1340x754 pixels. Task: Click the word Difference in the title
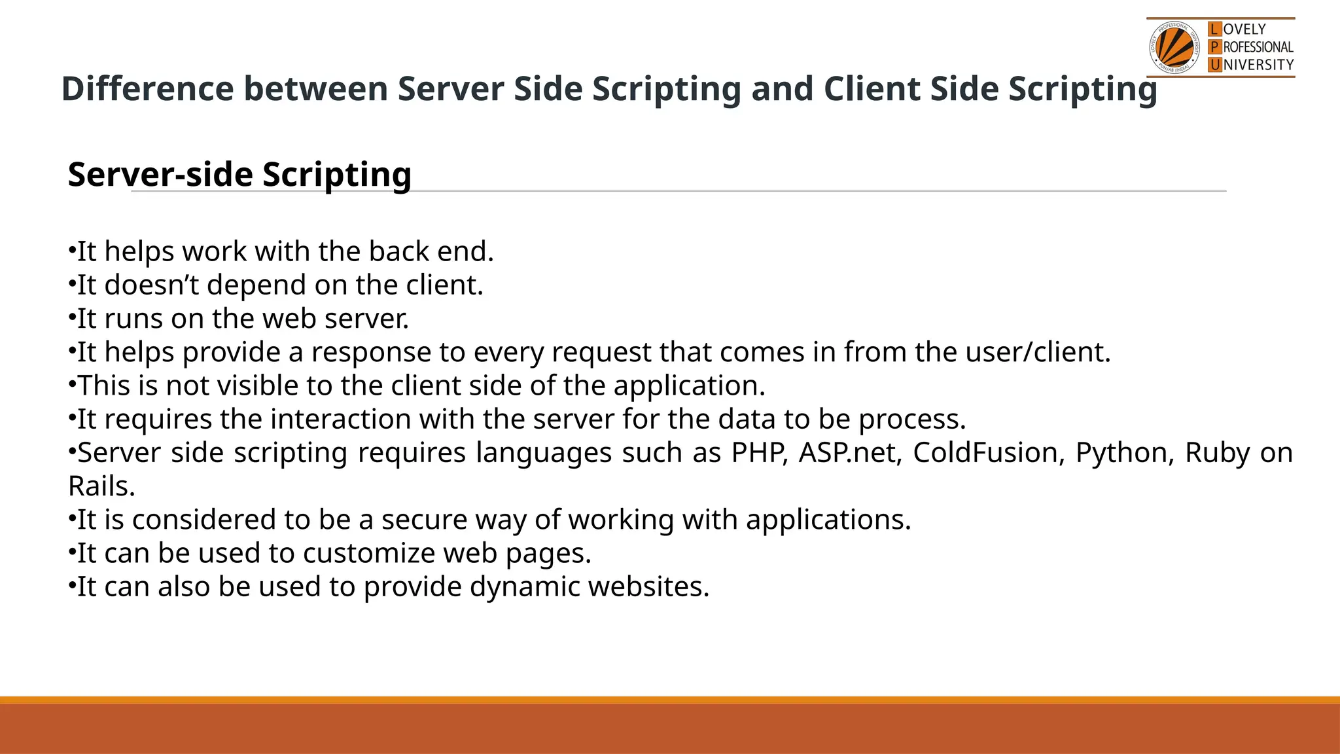tap(147, 89)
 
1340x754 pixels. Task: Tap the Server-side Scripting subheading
tap(239, 175)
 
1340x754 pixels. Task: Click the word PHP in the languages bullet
tap(759, 453)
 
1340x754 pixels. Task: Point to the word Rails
tap(101, 486)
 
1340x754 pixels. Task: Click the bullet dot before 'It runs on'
tap(71, 317)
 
